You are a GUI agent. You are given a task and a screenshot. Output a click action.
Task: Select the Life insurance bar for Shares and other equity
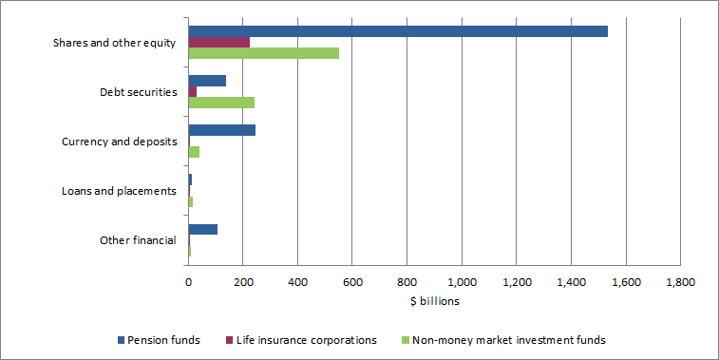[x=218, y=42]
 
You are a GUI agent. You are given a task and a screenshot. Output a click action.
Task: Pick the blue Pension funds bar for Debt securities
[x=207, y=81]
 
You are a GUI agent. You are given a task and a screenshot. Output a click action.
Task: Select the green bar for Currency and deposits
[x=194, y=152]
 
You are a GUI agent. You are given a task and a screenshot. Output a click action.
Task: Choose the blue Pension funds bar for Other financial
[x=202, y=229]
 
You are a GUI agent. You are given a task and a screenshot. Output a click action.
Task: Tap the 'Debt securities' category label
[x=138, y=92]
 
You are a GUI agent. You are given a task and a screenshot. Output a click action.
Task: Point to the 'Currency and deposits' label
[x=119, y=142]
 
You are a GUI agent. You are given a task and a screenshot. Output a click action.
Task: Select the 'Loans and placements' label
[x=119, y=191]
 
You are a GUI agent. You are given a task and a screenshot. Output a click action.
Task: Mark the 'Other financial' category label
[x=138, y=240]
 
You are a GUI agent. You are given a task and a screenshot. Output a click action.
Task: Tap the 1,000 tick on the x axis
[x=462, y=282]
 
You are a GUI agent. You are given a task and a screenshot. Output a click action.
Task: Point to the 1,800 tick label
[x=680, y=282]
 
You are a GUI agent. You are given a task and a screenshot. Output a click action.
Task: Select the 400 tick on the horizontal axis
[x=297, y=282]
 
